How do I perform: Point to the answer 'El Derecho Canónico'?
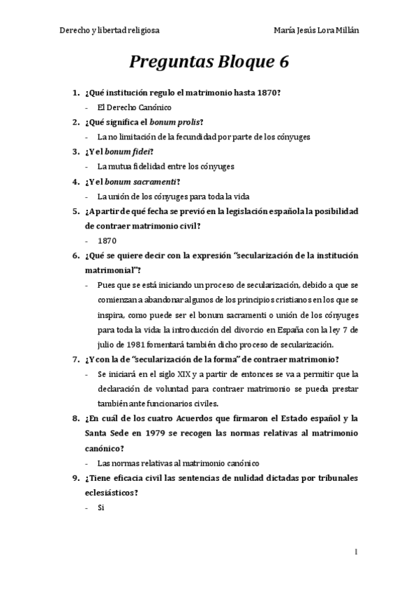tap(134, 107)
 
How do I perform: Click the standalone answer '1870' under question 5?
tap(107, 240)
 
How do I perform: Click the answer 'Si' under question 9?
tap(101, 507)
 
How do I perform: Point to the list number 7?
tap(75, 360)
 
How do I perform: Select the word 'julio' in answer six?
tap(107, 344)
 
